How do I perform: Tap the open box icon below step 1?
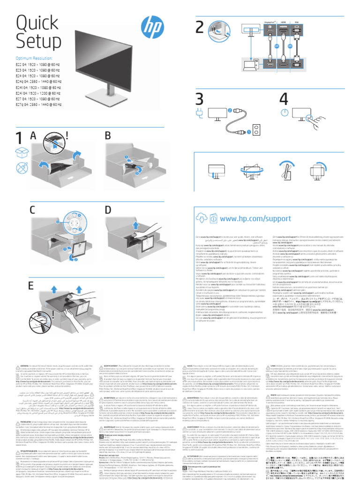click(22, 152)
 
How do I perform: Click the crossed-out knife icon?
click(22, 168)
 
